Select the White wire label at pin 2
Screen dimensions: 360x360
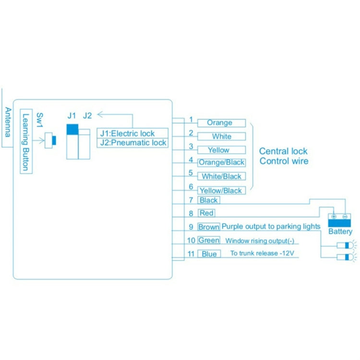[221, 136]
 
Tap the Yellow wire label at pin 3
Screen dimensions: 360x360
[219, 150]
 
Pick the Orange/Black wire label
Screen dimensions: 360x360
[221, 162]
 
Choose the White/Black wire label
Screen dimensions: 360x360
[221, 176]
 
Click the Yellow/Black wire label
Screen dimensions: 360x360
[221, 190]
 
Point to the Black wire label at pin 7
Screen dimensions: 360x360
[208, 200]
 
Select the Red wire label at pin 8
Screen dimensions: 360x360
[206, 213]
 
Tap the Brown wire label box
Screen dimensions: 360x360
[209, 227]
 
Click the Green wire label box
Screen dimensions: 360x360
[209, 240]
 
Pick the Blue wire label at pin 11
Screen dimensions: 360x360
[209, 254]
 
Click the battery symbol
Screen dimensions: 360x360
[339, 220]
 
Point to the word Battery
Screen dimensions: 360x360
[340, 232]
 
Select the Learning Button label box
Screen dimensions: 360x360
[26, 142]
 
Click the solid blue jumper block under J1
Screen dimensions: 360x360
[72, 129]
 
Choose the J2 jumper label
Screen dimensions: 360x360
[87, 115]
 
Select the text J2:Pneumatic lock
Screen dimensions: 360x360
[133, 143]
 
